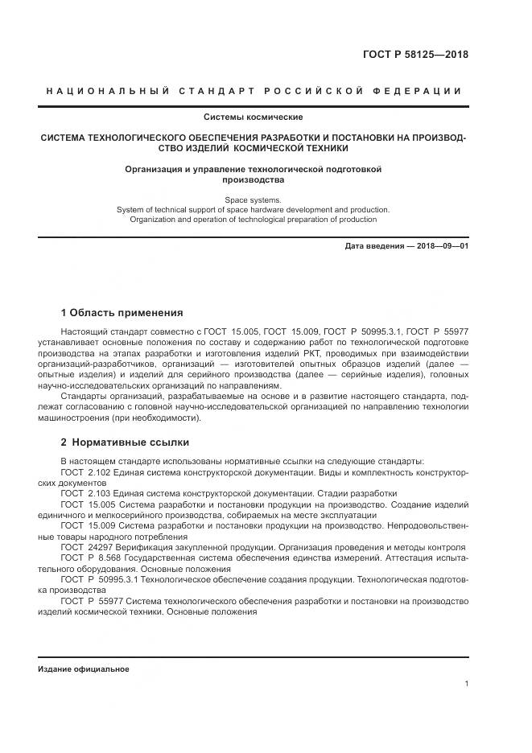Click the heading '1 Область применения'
tap(122, 313)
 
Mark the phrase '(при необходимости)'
tap(165, 418)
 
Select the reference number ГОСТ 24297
tap(83, 546)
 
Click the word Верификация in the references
tap(138, 546)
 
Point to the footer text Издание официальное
tap(83, 669)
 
